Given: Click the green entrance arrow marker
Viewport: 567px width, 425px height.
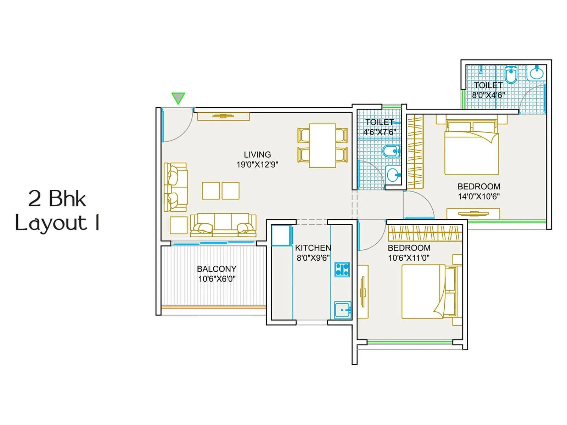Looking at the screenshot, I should [178, 97].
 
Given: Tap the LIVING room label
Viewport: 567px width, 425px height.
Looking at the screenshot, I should [257, 155].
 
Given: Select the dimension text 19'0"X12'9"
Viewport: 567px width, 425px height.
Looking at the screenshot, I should [257, 165].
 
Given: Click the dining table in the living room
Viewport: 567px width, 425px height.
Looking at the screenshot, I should [322, 146].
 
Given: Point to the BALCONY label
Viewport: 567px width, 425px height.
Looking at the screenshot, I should [217, 269].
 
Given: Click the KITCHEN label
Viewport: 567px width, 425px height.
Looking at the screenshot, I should [313, 248].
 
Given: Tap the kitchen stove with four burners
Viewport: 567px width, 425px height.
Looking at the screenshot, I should [342, 269].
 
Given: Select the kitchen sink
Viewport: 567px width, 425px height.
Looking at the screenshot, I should [342, 310].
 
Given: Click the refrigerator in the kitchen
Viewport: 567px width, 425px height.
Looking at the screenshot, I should [282, 236].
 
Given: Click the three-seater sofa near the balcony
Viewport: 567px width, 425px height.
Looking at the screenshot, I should [223, 225].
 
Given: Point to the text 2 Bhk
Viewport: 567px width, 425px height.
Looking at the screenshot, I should [57, 199].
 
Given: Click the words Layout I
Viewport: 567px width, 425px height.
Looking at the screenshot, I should [57, 223].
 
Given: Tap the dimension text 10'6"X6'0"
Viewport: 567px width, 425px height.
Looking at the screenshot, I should [217, 279].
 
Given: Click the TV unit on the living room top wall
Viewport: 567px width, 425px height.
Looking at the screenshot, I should [223, 116].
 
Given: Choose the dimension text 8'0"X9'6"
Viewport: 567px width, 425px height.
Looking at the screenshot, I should [313, 258].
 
